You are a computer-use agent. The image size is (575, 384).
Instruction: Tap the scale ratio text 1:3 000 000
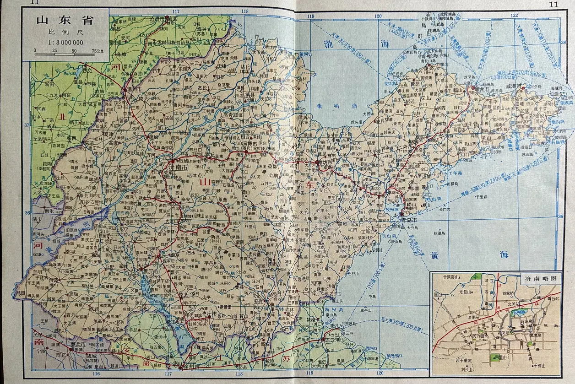65,42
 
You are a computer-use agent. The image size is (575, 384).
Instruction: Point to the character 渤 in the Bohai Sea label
328,44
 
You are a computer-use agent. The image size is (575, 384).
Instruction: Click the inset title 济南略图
540,277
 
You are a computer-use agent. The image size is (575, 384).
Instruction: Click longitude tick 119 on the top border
311,16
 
